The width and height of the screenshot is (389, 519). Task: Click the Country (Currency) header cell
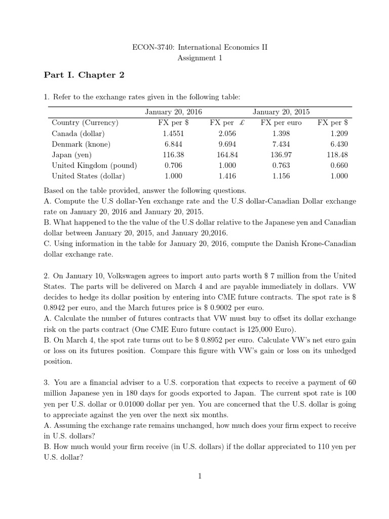pyautogui.click(x=85, y=122)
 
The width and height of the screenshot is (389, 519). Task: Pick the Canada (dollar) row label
pyautogui.click(x=79, y=133)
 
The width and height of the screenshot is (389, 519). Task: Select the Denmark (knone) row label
pyautogui.click(x=81, y=144)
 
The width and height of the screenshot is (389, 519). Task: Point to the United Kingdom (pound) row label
pyautogui.click(x=94, y=165)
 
